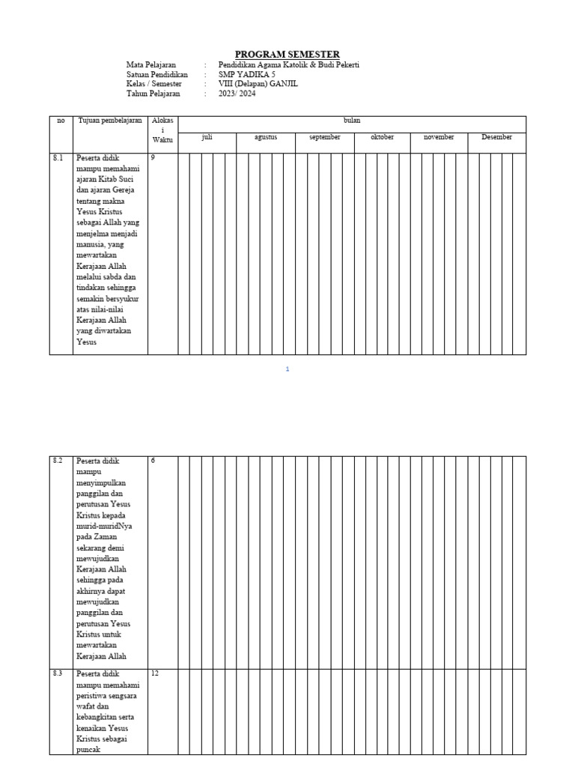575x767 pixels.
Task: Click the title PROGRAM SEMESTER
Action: click(287, 54)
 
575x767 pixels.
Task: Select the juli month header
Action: click(207, 137)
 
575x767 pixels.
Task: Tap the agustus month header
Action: click(266, 137)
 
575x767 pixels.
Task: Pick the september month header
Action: click(325, 137)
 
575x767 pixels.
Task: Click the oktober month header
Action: click(382, 137)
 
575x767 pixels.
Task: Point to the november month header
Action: click(439, 137)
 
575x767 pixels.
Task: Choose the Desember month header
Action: click(497, 137)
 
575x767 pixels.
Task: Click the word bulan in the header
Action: click(352, 121)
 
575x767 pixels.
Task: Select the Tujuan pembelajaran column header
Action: click(110, 121)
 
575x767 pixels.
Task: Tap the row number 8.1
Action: click(58, 158)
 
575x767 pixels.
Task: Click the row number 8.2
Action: click(58, 461)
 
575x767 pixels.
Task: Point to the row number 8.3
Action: click(58, 674)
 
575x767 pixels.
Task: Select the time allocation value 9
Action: click(153, 158)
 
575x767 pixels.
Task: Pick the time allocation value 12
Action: click(155, 674)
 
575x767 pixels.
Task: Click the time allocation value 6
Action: click(153, 461)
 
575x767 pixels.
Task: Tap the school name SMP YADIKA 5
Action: click(246, 75)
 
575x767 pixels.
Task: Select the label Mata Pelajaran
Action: click(151, 65)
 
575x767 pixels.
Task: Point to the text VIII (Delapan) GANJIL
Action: click(258, 85)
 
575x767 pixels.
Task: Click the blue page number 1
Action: click(287, 369)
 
